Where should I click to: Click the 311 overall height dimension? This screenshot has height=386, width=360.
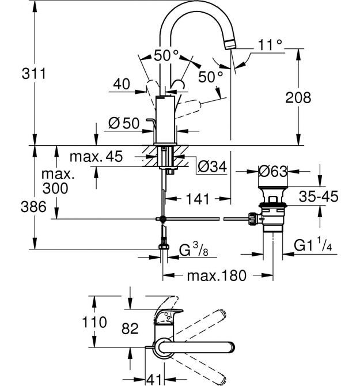click(34, 74)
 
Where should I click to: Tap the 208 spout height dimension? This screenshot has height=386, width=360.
click(298, 97)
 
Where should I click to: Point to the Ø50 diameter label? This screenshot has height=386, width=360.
click(124, 123)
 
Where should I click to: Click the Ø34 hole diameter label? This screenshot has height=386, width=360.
click(212, 166)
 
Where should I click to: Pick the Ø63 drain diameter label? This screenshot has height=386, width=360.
click(272, 171)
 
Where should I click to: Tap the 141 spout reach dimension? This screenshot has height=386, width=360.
click(198, 199)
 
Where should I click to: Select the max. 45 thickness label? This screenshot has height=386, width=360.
click(96, 156)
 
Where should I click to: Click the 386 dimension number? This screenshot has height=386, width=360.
click(33, 206)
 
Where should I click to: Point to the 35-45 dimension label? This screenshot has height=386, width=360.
click(319, 196)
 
